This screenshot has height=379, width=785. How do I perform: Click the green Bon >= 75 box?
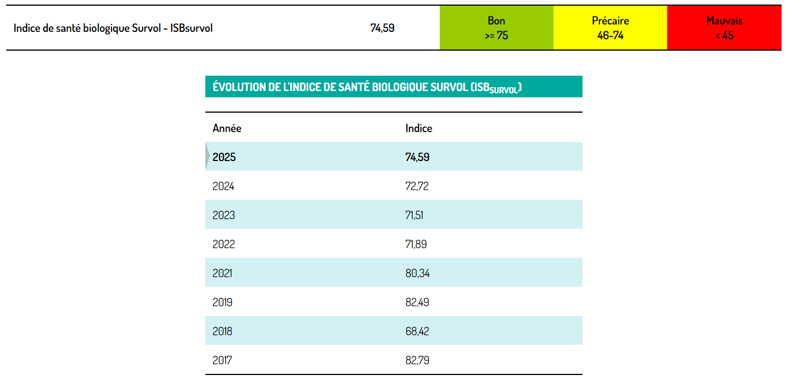(x=496, y=28)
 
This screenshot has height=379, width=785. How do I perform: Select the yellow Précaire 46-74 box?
(x=610, y=28)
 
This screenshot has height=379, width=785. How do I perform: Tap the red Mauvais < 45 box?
(x=724, y=28)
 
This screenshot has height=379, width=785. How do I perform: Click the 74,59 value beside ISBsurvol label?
(x=382, y=28)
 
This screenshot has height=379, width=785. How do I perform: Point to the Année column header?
(x=227, y=128)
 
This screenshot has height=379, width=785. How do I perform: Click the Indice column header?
(x=419, y=128)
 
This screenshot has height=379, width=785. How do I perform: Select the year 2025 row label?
(x=224, y=157)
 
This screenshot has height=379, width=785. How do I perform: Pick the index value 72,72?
(x=417, y=186)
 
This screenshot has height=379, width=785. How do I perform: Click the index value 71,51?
(x=414, y=215)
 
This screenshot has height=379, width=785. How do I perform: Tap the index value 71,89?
(x=416, y=244)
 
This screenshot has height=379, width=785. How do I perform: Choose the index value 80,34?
(x=418, y=274)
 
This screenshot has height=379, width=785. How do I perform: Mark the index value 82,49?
(x=417, y=302)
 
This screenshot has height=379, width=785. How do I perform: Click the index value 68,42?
(x=417, y=331)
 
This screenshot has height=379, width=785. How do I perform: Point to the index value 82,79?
(x=418, y=360)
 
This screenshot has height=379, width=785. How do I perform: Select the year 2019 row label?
(x=222, y=302)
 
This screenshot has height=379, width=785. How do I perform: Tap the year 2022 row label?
(x=224, y=244)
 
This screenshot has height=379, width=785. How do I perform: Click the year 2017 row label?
(x=222, y=360)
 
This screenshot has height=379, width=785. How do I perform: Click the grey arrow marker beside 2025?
(x=207, y=156)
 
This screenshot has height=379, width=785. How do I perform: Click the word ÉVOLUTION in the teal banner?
(x=239, y=86)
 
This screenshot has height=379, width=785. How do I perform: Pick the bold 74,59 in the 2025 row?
(x=418, y=157)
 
